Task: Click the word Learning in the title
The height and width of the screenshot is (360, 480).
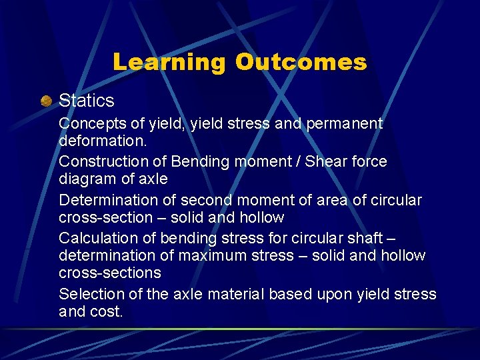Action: pos(169,62)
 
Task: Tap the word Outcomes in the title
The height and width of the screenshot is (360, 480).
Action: pos(301,62)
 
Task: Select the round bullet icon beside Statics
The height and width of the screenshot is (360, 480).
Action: pos(45,101)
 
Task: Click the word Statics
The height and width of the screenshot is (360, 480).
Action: pos(87,101)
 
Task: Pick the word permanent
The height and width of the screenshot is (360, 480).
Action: pos(345,124)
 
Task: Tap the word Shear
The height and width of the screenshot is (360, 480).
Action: pos(325,161)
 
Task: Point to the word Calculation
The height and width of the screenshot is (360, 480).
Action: pos(97,238)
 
